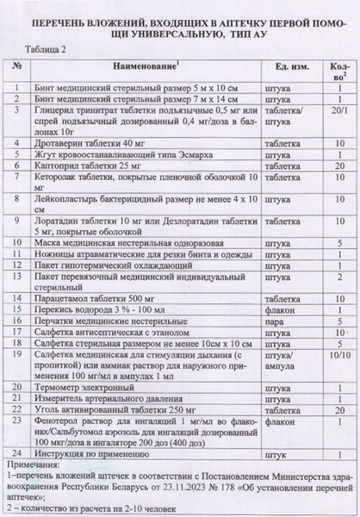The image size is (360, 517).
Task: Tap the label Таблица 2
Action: tap(51, 51)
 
